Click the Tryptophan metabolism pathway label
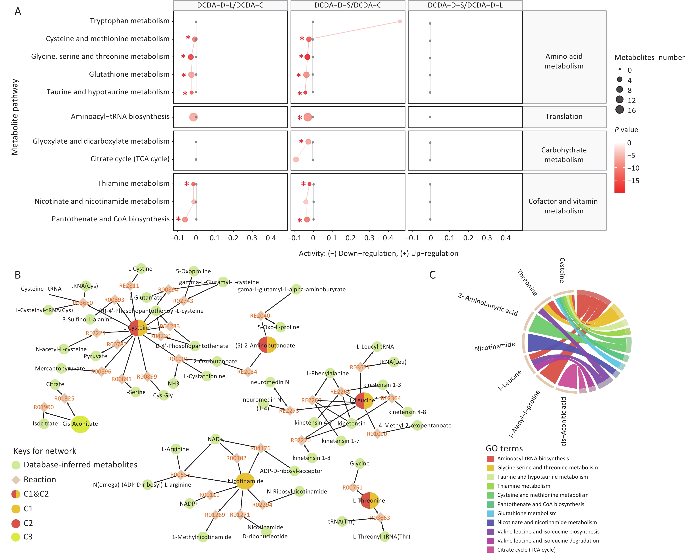[129, 21]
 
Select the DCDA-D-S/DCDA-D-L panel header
[465, 5]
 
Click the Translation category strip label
[564, 116]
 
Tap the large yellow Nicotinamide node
[245, 481]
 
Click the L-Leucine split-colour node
[364, 400]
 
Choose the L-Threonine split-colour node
[370, 501]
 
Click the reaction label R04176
[260, 448]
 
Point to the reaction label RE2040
[260, 316]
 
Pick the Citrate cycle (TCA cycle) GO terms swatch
[490, 550]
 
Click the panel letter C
[433, 275]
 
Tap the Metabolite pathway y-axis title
[15, 117]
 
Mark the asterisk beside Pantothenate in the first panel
[178, 219]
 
